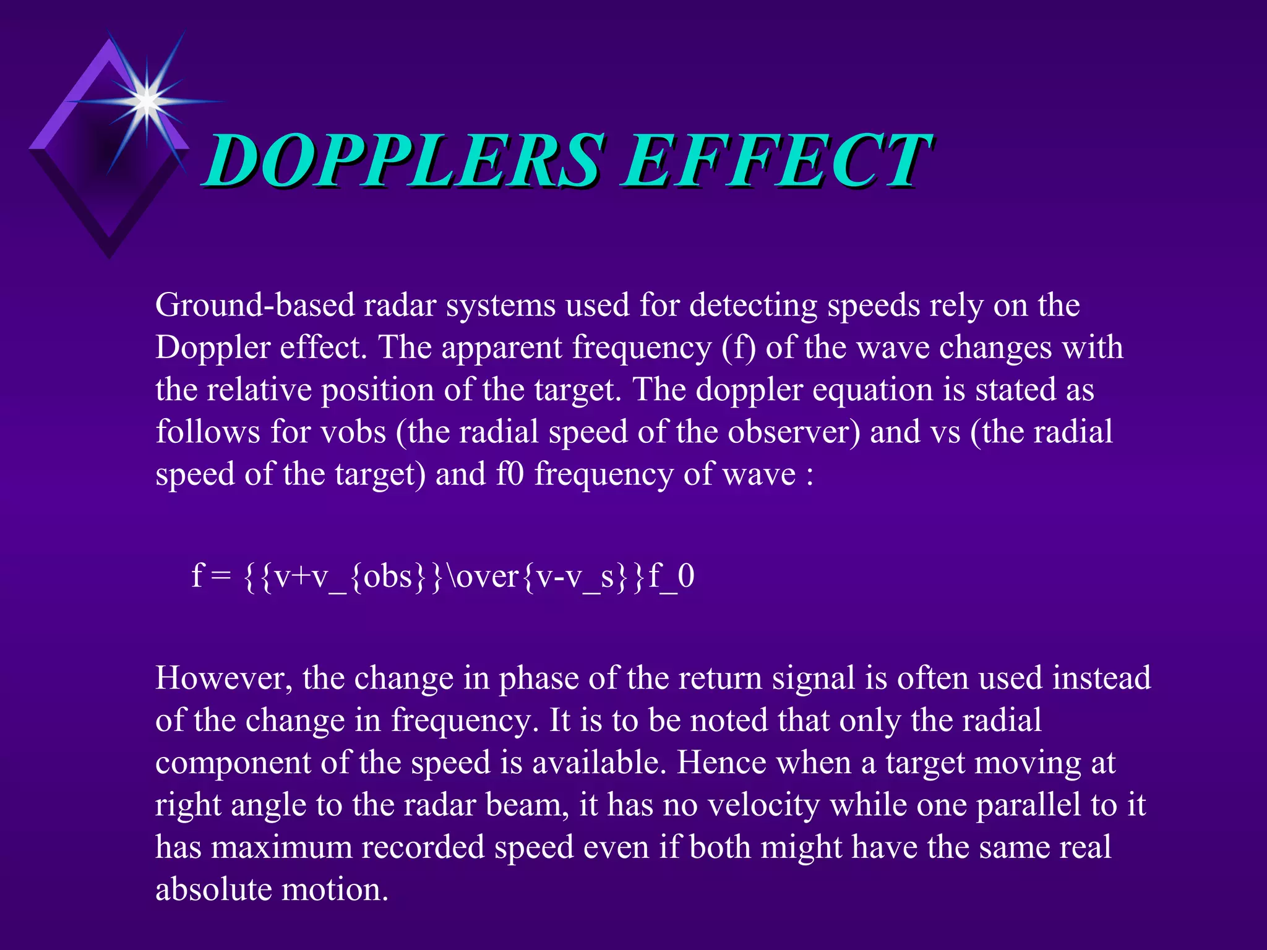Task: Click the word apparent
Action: click(x=505, y=348)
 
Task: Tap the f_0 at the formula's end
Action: click(x=671, y=576)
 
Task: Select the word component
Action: click(x=233, y=763)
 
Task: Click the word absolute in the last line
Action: click(x=213, y=889)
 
